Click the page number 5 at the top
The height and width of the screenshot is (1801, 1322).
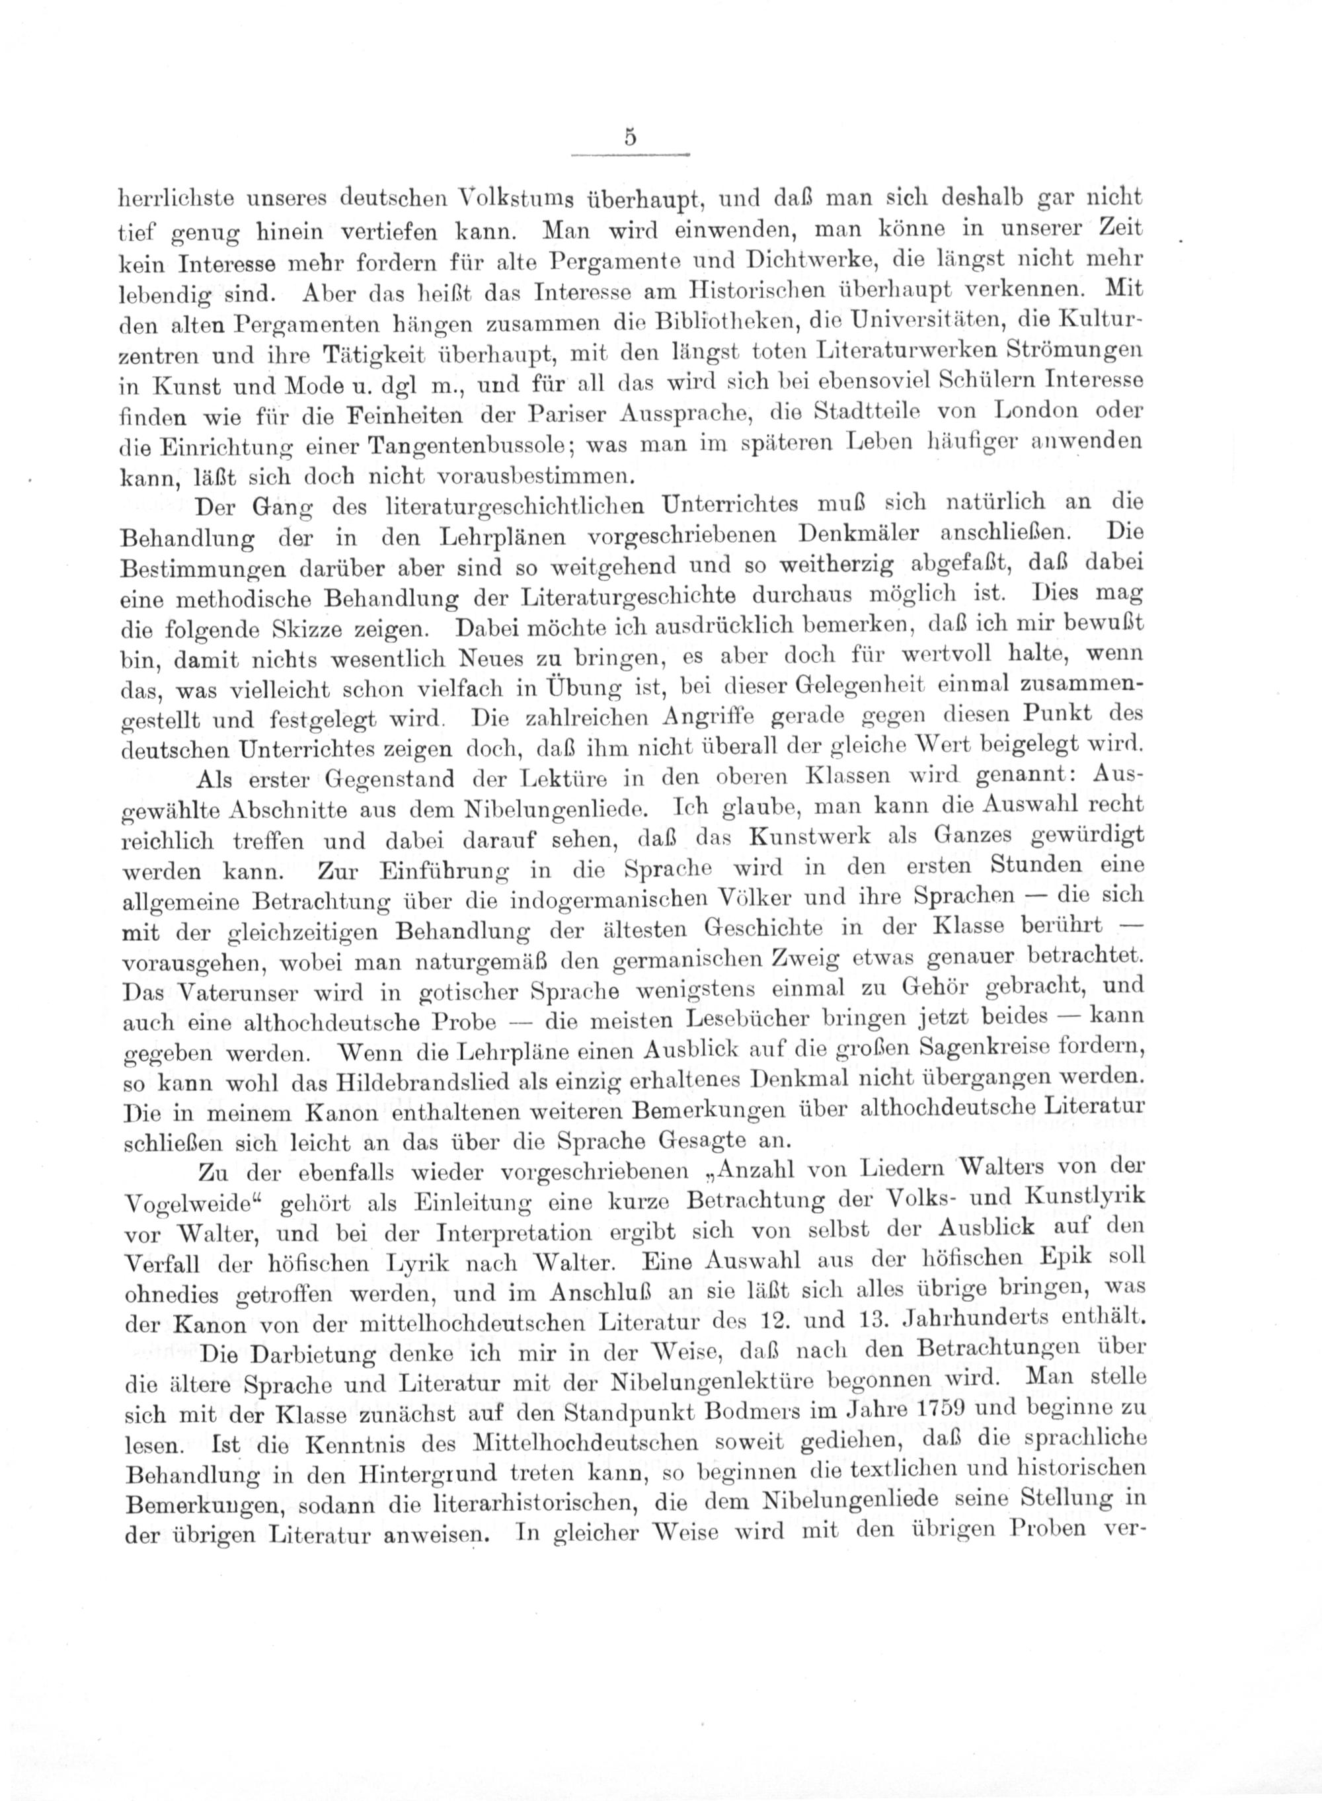click(x=631, y=138)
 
